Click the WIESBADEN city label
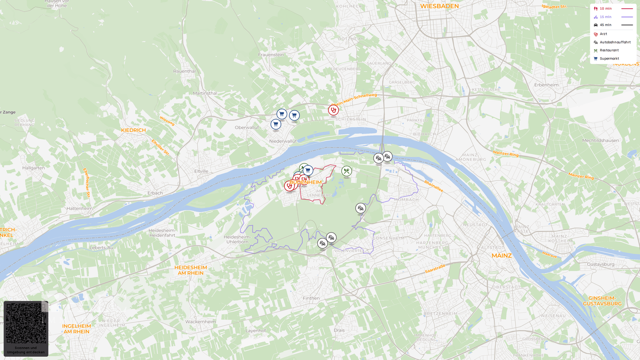(x=439, y=6)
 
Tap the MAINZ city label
(x=501, y=256)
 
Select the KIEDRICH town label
(x=133, y=130)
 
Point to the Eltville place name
(x=201, y=171)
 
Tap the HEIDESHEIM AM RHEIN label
(x=191, y=270)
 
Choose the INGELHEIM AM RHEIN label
(x=76, y=328)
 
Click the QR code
(x=26, y=323)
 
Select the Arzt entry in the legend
(x=603, y=34)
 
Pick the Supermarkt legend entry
(x=609, y=59)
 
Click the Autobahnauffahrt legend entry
(x=615, y=42)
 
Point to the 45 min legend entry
(x=605, y=25)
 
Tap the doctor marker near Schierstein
(x=333, y=110)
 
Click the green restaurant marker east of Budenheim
(x=347, y=171)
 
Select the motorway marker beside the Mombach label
(x=360, y=208)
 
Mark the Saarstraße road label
(x=435, y=269)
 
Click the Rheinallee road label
(x=433, y=186)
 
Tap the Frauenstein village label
(x=271, y=55)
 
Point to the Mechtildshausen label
(x=600, y=140)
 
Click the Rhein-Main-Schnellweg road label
(x=354, y=98)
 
